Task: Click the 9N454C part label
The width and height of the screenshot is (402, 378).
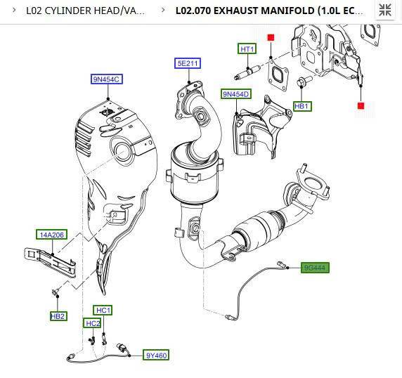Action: pos(107,79)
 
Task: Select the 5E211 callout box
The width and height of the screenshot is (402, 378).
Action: pos(188,63)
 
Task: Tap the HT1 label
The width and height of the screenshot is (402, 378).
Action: pos(247,48)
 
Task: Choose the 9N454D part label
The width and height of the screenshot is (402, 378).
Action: pos(236,94)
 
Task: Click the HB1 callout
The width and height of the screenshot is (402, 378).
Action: pos(302,106)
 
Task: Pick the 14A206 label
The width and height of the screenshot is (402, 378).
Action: pos(51,235)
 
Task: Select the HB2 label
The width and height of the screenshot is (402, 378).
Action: pos(58,316)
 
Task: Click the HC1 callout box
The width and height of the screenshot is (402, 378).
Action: pos(103,311)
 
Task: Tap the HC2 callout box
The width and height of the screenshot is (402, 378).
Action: pos(92,323)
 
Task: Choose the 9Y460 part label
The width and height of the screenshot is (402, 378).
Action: pos(156,356)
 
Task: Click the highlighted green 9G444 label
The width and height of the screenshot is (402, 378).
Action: pos(315,268)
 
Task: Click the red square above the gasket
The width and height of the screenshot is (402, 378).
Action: pos(271,38)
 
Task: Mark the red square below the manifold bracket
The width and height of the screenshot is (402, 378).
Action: pos(361,105)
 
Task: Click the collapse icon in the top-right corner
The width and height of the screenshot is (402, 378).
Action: pos(385,10)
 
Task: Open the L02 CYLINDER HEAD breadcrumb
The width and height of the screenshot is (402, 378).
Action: pos(86,11)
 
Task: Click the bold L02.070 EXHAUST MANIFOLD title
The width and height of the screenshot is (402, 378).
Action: pos(269,11)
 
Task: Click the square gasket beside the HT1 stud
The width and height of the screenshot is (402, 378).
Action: pos(278,75)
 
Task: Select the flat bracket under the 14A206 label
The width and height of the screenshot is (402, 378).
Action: pos(51,261)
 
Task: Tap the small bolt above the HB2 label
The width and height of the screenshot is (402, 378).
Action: pos(56,292)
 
